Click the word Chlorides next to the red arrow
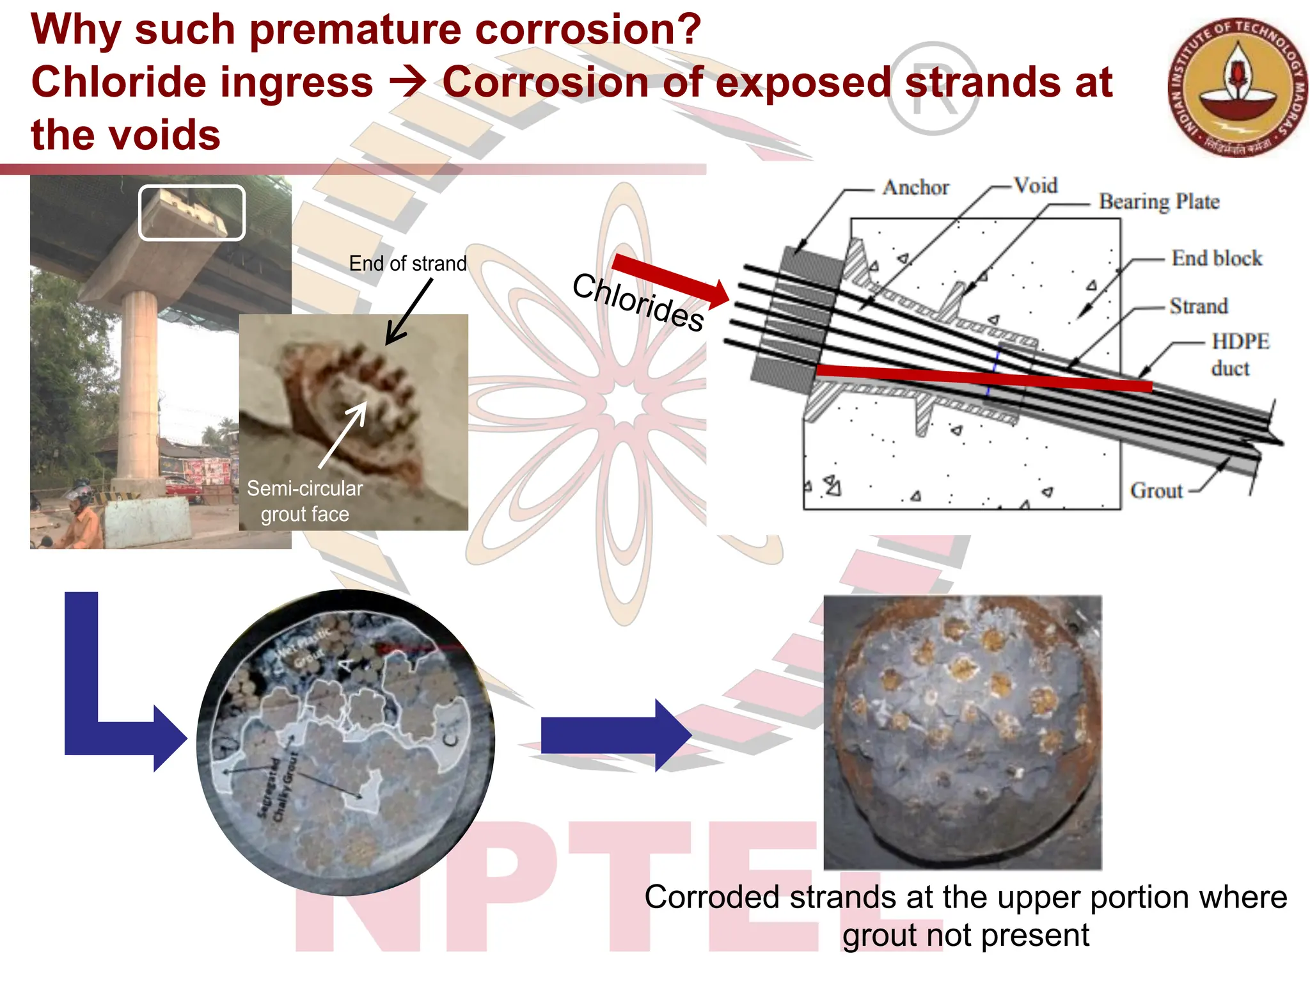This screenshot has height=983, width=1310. click(638, 301)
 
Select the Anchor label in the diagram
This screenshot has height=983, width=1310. click(915, 188)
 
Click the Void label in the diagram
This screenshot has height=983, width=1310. click(1036, 185)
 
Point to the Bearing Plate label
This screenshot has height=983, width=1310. click(1158, 202)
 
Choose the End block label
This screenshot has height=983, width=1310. click(1216, 258)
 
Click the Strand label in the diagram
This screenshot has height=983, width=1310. click(1198, 306)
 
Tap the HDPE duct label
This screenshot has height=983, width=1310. click(1239, 355)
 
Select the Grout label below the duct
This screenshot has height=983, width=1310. click(1156, 490)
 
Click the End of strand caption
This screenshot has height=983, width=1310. click(407, 263)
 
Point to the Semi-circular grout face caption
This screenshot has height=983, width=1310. click(305, 500)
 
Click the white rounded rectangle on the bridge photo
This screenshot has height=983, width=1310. click(192, 213)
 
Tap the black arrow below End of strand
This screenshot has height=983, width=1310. click(409, 312)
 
